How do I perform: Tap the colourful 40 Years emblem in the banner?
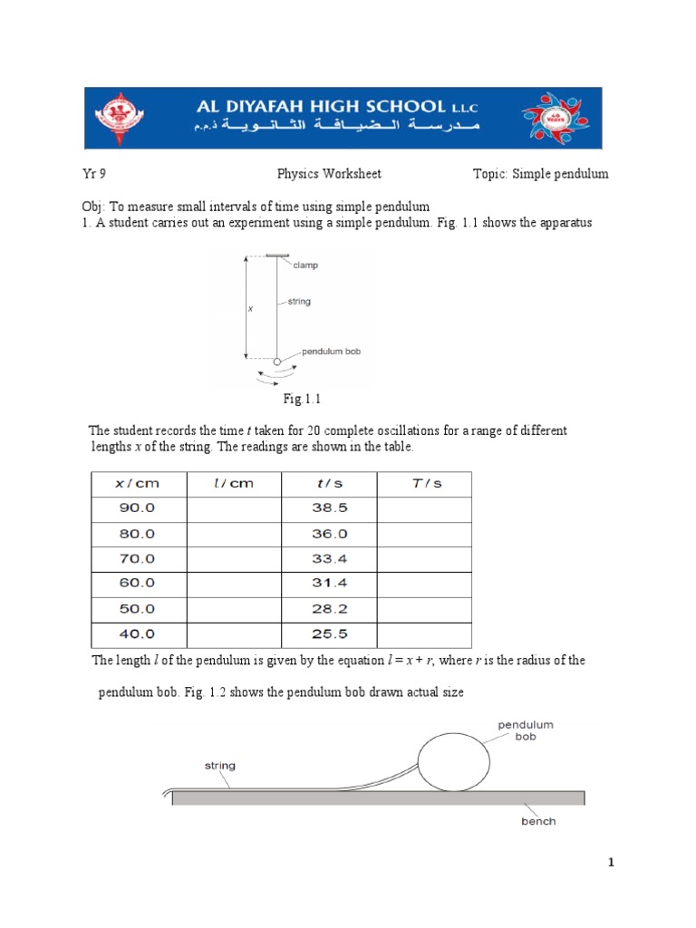click(x=555, y=118)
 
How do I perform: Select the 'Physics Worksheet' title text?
click(x=329, y=174)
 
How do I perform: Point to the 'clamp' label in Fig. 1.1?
click(x=305, y=266)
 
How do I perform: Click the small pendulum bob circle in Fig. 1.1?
click(x=277, y=362)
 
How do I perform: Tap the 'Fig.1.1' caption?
click(x=303, y=399)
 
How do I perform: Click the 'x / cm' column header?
click(x=137, y=484)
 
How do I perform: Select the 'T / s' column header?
click(x=423, y=484)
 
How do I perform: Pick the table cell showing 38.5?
click(x=330, y=508)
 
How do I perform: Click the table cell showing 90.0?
click(x=138, y=508)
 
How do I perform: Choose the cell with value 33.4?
click(x=330, y=559)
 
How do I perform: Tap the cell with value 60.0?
click(x=138, y=584)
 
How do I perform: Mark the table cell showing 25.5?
click(x=330, y=634)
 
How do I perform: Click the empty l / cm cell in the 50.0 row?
click(x=234, y=609)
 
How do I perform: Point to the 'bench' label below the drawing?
click(x=538, y=821)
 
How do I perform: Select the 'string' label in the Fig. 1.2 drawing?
click(x=219, y=766)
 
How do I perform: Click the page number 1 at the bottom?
click(x=612, y=864)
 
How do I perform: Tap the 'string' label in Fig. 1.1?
click(x=299, y=302)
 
